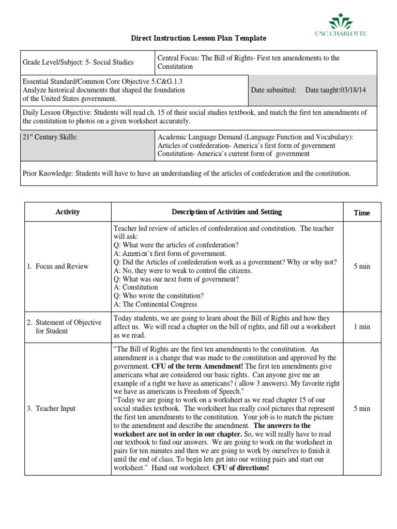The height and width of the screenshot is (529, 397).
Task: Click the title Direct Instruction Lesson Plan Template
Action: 199,38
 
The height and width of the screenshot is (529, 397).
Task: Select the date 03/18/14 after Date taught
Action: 356,90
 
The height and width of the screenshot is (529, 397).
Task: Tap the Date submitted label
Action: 273,90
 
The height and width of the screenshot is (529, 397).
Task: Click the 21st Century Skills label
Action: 50,137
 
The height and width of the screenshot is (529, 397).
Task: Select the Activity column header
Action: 68,212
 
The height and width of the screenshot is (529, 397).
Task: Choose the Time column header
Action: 361,213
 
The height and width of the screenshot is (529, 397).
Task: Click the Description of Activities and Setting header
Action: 227,212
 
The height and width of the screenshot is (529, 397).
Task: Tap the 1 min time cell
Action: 361,326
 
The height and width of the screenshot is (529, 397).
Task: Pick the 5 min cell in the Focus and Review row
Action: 361,266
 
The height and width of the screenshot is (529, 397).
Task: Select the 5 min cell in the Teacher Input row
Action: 361,408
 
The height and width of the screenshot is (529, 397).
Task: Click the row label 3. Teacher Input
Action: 51,409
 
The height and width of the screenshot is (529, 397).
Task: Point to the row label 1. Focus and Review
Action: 57,267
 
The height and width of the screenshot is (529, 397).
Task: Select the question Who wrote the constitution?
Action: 163,296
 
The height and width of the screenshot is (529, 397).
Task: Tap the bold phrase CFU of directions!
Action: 241,468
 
